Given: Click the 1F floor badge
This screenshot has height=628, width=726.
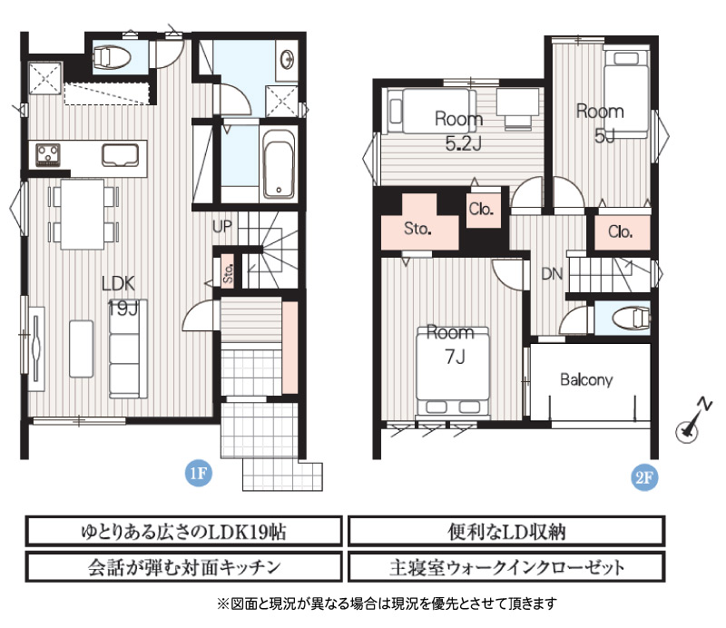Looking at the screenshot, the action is click(x=199, y=473).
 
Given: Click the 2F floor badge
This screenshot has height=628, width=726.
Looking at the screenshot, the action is click(x=644, y=476).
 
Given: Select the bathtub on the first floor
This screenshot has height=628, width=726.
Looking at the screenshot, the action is click(x=279, y=164).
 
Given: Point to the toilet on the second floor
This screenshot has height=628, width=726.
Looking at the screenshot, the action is click(x=631, y=319).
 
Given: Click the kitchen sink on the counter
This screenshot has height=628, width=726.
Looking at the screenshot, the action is click(x=121, y=154).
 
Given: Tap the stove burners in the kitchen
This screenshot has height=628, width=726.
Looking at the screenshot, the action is click(x=48, y=154).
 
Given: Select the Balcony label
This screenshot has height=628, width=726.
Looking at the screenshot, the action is click(x=586, y=379).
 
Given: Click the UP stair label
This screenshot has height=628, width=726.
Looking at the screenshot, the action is click(x=221, y=227).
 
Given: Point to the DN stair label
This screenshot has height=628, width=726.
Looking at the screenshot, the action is click(x=552, y=274).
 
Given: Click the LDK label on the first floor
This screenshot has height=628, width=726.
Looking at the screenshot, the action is click(x=119, y=283).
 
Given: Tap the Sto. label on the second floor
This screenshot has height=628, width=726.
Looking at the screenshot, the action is click(x=417, y=229).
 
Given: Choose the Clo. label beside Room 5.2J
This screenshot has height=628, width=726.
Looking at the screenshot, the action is click(x=481, y=210).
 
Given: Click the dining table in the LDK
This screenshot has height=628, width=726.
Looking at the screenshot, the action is click(x=83, y=214).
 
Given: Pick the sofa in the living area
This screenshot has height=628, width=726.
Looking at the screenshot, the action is click(x=128, y=348).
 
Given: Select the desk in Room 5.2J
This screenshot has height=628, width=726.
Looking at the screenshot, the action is click(x=517, y=102).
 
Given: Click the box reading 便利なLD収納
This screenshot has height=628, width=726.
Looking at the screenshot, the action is click(x=506, y=531).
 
